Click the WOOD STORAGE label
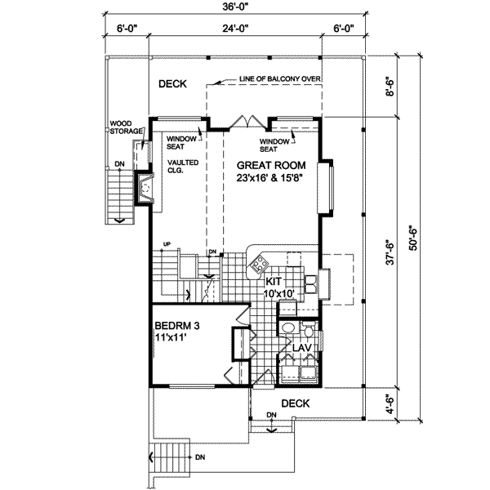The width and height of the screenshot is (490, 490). tap(127, 127)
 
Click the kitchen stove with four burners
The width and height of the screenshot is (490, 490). tap(261, 263)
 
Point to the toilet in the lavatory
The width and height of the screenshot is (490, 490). tap(287, 331)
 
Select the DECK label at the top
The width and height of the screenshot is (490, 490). tap(172, 83)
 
